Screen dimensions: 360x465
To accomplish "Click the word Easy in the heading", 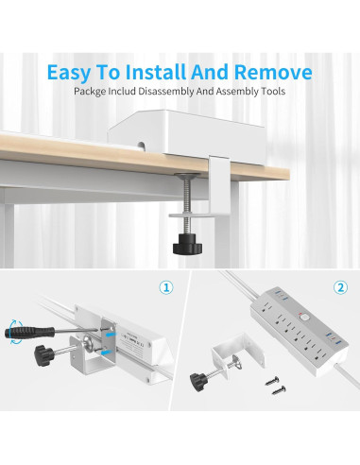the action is [x=68, y=73].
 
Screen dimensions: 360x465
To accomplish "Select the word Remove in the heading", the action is [x=273, y=72].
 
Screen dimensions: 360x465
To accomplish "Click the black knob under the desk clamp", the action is [x=187, y=245].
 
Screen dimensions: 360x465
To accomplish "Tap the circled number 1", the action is [x=166, y=287].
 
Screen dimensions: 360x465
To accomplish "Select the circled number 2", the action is [x=340, y=287].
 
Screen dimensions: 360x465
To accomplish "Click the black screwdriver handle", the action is [x=29, y=333].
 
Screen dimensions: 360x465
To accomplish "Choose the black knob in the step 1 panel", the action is [x=43, y=355].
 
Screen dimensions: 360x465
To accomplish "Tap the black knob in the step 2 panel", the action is [x=198, y=382].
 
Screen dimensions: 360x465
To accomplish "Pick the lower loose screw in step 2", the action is [x=279, y=390].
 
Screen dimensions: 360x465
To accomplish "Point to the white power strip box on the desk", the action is [x=186, y=135].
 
